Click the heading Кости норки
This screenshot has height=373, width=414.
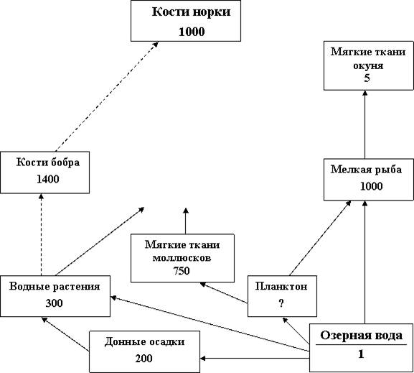click(191, 12)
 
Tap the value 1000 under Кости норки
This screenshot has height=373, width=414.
click(192, 32)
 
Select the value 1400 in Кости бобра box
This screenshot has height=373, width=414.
click(48, 180)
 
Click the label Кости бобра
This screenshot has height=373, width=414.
click(48, 162)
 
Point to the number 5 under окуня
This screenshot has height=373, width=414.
click(367, 78)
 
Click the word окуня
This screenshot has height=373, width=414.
click(368, 65)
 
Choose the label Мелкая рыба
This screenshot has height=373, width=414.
click(366, 170)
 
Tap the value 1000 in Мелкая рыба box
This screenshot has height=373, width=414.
click(372, 187)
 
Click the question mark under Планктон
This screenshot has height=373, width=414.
click(281, 303)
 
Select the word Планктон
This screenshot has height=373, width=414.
click(281, 286)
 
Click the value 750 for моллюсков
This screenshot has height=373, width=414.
click(182, 271)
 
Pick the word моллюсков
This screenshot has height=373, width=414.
click(182, 258)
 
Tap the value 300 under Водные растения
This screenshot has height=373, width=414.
click(54, 303)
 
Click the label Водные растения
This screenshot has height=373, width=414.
click(55, 287)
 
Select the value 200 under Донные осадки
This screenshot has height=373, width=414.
click(144, 359)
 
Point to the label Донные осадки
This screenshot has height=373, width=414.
click(144, 342)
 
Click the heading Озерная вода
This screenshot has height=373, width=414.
click(361, 336)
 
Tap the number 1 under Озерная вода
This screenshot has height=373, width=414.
click(361, 354)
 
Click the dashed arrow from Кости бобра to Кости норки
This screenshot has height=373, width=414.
click(107, 96)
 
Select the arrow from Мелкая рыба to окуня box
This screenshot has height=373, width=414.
click(365, 124)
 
